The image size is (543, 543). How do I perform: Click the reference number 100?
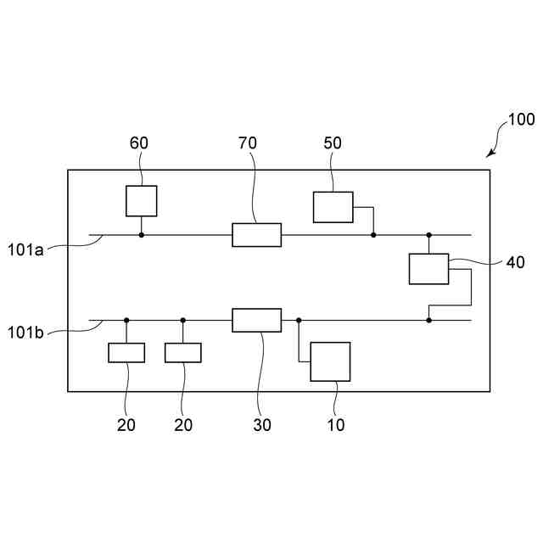pos(521,120)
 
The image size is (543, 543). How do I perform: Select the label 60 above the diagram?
pos(139,143)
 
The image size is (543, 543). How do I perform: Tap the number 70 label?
pos(248,143)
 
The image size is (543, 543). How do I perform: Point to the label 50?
pos(333,143)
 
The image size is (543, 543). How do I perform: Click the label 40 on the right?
pos(516,263)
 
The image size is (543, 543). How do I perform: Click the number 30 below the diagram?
pos(262,425)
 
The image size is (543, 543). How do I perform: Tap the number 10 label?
pos(336,425)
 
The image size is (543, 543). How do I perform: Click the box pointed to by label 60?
pos(141,201)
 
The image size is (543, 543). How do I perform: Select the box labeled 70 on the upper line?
pos(256,235)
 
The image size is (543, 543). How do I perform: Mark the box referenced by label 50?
pos(333,207)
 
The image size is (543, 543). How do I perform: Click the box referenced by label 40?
pos(428,269)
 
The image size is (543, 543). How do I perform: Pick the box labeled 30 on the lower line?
pos(256,320)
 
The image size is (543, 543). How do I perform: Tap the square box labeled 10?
pos(330,362)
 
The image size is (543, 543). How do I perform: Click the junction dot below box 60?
pos(141,235)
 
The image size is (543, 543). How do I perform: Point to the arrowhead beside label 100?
pos(489,154)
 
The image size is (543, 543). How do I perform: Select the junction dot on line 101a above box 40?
pos(428,235)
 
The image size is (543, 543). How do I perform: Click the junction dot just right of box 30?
pos(299,320)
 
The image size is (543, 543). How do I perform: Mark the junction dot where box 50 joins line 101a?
pos(373,235)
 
